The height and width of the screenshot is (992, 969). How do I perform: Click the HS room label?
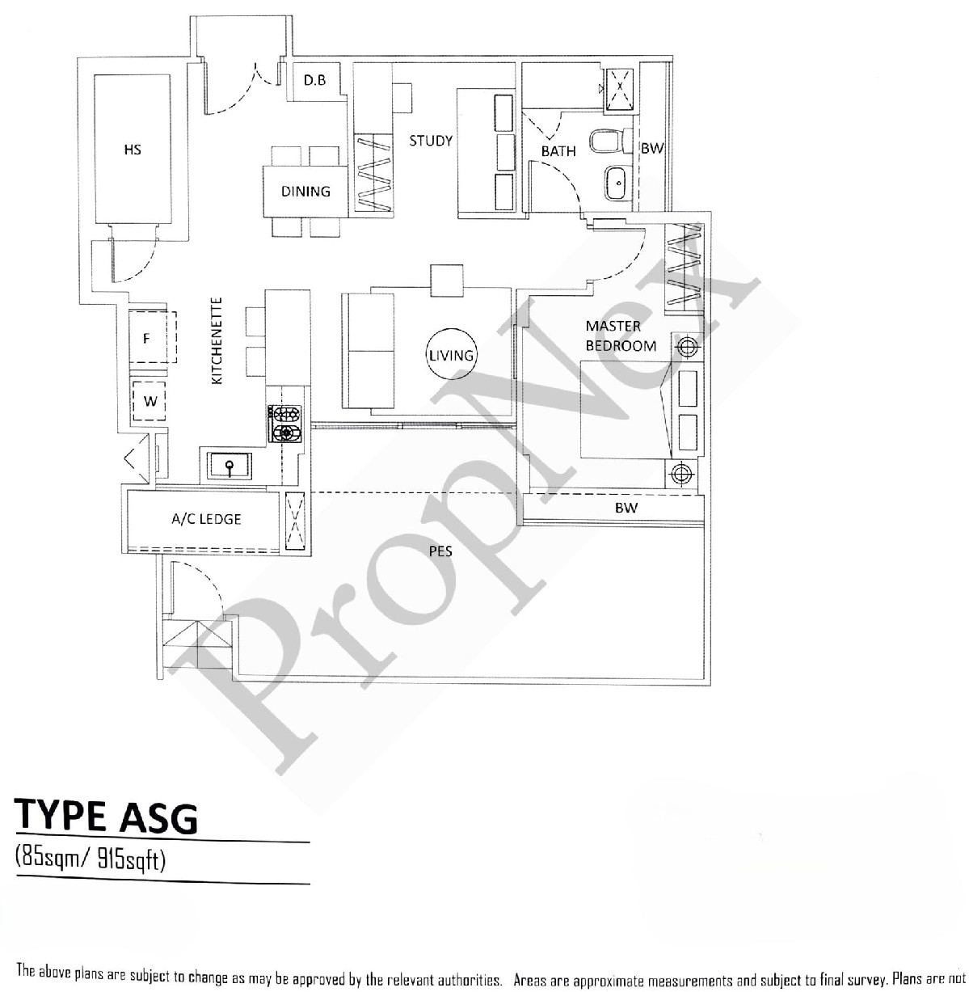pos(133,150)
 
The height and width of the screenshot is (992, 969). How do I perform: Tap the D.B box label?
pos(315,80)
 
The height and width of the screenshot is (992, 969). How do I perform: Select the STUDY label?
pos(430,141)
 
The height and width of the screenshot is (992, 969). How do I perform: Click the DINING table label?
pos(305,192)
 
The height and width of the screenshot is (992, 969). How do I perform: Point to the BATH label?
pos(558,151)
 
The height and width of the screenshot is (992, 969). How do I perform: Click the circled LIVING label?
pos(451,355)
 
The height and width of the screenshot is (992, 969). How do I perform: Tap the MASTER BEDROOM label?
pos(621,336)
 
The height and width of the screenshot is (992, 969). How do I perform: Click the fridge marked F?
pos(147,339)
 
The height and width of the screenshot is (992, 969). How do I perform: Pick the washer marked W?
pos(150,400)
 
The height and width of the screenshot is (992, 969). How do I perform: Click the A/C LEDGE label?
pos(206,518)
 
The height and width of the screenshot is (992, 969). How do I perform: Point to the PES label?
pos(440,551)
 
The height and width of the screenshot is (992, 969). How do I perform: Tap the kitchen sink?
pos(230,466)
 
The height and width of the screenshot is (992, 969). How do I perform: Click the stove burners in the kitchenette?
pos(285,424)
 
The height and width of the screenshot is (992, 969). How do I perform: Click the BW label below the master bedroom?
pos(626,508)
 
